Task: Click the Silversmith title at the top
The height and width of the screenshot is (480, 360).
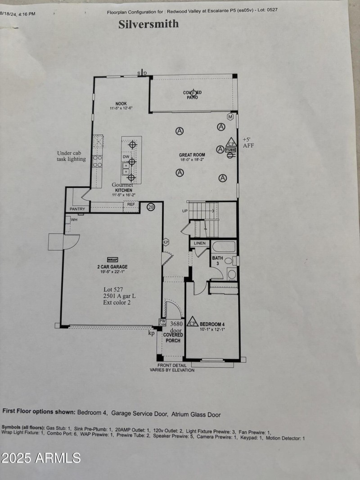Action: tap(148, 24)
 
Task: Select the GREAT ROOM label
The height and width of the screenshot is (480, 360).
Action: tap(192, 155)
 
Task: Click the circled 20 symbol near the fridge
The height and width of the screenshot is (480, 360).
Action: tap(151, 207)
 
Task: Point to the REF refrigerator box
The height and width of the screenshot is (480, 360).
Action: tap(131, 204)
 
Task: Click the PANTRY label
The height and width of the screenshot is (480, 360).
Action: tap(77, 209)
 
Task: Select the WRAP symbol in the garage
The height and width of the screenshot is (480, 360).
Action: tap(112, 260)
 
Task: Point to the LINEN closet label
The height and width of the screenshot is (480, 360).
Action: tap(200, 243)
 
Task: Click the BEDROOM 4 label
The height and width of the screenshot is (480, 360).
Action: tap(212, 324)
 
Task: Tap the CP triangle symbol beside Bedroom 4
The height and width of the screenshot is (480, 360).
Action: tap(193, 322)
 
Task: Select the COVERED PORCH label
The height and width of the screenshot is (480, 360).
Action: tap(172, 337)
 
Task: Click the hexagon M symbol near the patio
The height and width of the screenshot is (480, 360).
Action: tap(230, 117)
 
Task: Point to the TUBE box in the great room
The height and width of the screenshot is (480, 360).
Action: tap(230, 149)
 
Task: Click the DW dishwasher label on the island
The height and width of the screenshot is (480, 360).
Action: tap(126, 157)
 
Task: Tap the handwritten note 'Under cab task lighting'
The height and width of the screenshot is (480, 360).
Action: tap(71, 156)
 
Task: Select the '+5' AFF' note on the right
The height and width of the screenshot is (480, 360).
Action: tap(248, 143)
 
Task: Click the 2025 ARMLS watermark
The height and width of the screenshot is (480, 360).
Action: tap(40, 458)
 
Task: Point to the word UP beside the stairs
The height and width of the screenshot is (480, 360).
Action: tap(184, 210)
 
